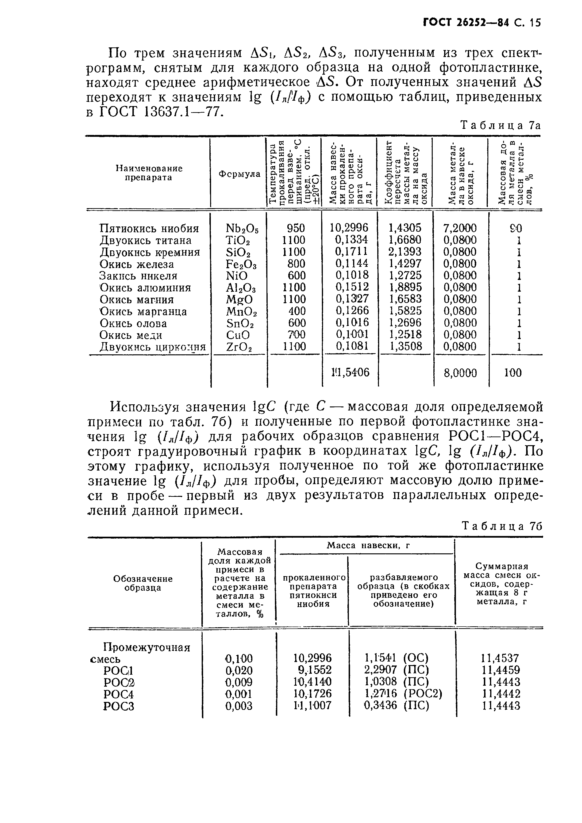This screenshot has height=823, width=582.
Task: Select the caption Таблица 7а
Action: (x=500, y=126)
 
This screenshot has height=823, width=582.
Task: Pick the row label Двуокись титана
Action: (x=146, y=240)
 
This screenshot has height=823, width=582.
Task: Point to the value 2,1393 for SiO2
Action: (x=405, y=252)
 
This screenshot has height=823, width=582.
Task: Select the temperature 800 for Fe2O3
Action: (x=296, y=264)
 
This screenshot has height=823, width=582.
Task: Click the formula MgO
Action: (x=239, y=299)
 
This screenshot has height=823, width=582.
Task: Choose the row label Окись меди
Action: (x=131, y=335)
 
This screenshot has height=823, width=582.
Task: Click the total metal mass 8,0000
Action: (x=460, y=373)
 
